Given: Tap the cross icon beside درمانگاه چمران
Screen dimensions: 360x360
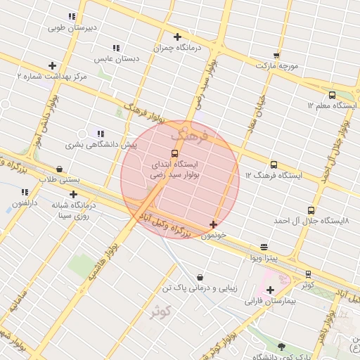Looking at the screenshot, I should click(177, 37).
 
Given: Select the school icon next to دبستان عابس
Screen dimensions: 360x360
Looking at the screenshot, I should click(116, 48).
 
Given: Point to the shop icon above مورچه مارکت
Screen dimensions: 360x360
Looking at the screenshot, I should click(276, 55).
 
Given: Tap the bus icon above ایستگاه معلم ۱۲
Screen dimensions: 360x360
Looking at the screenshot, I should click(332, 95).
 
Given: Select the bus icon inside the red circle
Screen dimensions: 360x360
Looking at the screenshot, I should click(174, 153).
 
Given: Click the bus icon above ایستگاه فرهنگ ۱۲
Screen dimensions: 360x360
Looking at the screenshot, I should click(274, 165).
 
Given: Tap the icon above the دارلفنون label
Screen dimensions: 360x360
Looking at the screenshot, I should click(25, 192).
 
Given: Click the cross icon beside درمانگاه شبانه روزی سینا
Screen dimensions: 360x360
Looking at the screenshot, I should click(73, 194).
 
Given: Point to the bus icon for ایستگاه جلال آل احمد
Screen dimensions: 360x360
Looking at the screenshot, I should click(311, 210).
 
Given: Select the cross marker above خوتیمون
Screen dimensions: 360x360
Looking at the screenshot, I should click(213, 225).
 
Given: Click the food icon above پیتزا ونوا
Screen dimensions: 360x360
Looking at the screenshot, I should click(264, 247).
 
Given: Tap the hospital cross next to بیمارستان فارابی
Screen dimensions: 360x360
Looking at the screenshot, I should click(270, 290).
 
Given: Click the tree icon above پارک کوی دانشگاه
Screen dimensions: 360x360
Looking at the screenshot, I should click(281, 346).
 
